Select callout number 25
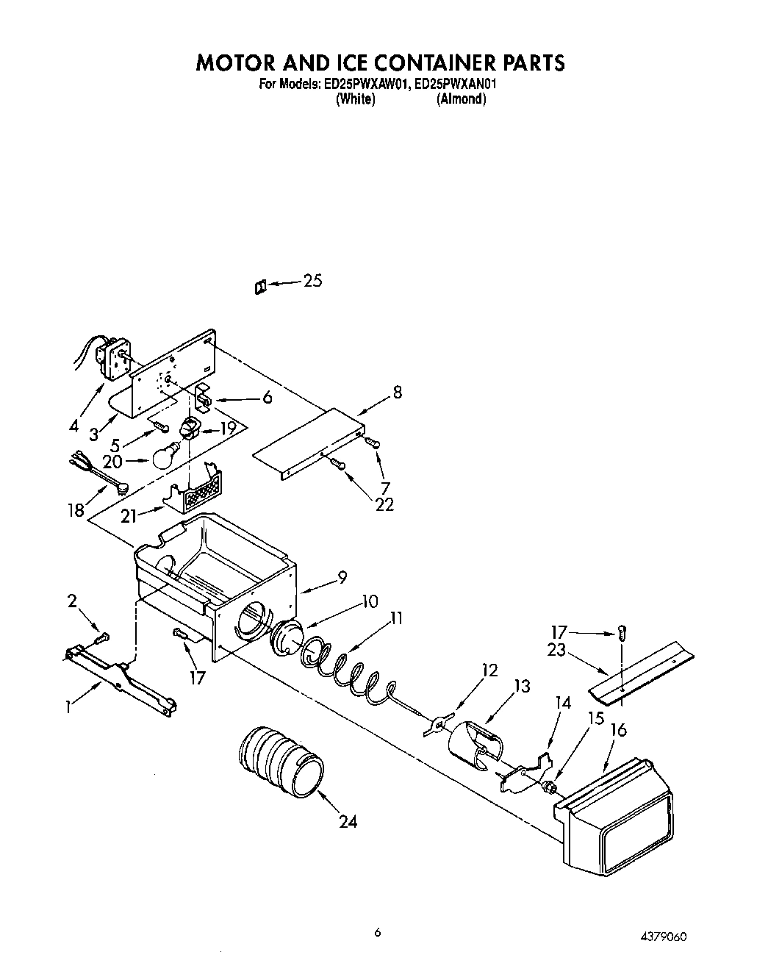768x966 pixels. [x=313, y=281]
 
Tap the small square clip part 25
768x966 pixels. [x=259, y=286]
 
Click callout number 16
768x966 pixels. [x=619, y=730]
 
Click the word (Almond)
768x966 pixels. [x=461, y=99]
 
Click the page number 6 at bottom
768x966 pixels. [x=377, y=932]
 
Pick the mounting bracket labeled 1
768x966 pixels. [x=121, y=675]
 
